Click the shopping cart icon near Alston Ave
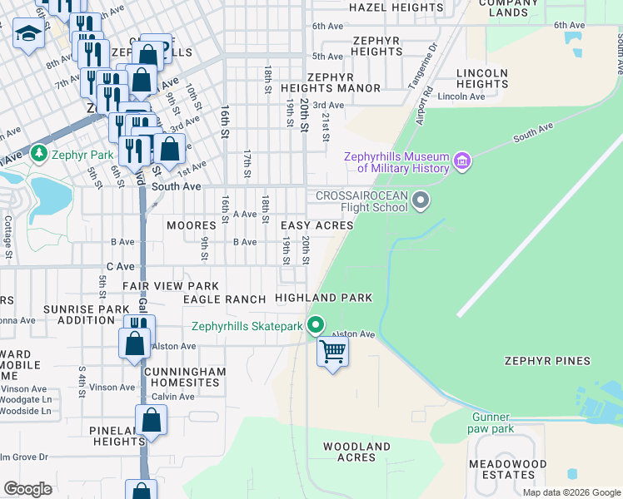332,352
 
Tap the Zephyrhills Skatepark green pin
315,325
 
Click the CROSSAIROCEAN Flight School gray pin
421,200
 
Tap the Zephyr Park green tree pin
38,154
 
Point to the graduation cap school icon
28,34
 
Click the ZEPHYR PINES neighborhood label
547,361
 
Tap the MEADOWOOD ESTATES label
507,469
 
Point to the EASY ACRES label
316,225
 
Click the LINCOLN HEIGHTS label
482,79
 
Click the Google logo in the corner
27,489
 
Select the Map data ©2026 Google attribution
571,492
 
